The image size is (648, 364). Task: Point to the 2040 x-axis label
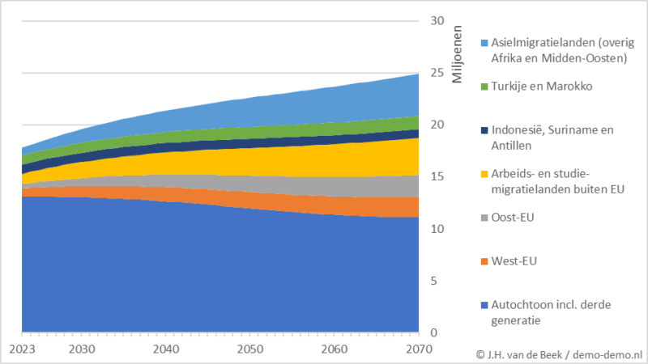click(166, 349)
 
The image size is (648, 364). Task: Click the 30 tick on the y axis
click(437, 21)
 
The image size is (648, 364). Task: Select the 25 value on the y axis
click(437, 74)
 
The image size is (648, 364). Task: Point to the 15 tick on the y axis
click(437, 177)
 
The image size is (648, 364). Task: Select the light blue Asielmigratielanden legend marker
click(484, 43)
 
